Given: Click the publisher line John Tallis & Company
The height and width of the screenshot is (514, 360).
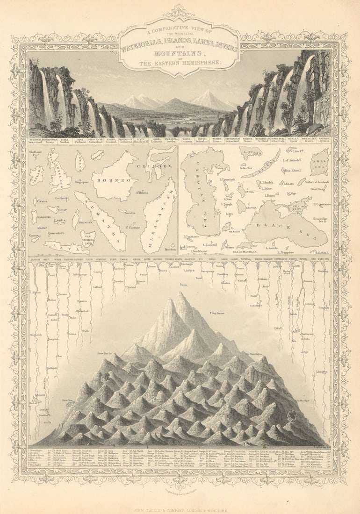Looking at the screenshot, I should (180, 499).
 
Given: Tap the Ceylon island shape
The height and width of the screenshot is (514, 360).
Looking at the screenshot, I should (79, 161).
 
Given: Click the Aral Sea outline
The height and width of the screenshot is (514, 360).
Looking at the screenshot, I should (320, 161).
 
